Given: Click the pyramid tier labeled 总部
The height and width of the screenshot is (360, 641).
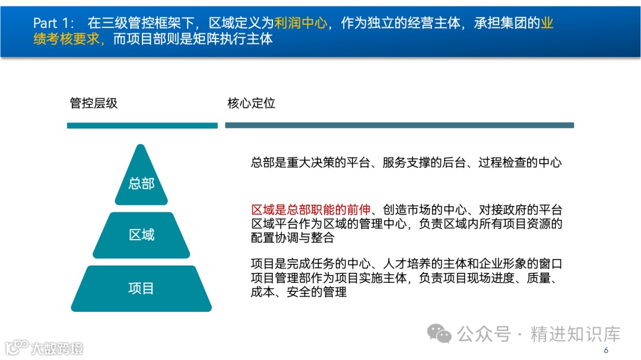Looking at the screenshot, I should click(x=141, y=181).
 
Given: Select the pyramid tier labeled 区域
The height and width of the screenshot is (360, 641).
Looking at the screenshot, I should click(x=141, y=235).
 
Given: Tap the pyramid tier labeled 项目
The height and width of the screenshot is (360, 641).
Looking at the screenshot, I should click(x=141, y=288).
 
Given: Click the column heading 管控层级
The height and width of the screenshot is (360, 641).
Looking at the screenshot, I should click(x=94, y=103).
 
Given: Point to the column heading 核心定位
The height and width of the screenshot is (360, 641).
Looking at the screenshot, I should click(x=251, y=103).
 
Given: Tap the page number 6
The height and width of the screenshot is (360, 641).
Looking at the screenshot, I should click(x=606, y=351).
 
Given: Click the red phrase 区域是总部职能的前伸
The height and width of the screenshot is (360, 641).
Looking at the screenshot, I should click(x=311, y=209).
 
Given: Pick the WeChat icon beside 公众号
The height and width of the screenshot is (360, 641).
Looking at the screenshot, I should click(x=440, y=333).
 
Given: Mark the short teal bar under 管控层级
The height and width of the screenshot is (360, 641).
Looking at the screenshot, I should click(x=142, y=126).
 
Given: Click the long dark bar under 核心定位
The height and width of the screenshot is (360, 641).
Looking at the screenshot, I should click(x=399, y=125).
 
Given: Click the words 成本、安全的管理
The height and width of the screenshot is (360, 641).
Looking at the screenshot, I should click(x=299, y=292).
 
